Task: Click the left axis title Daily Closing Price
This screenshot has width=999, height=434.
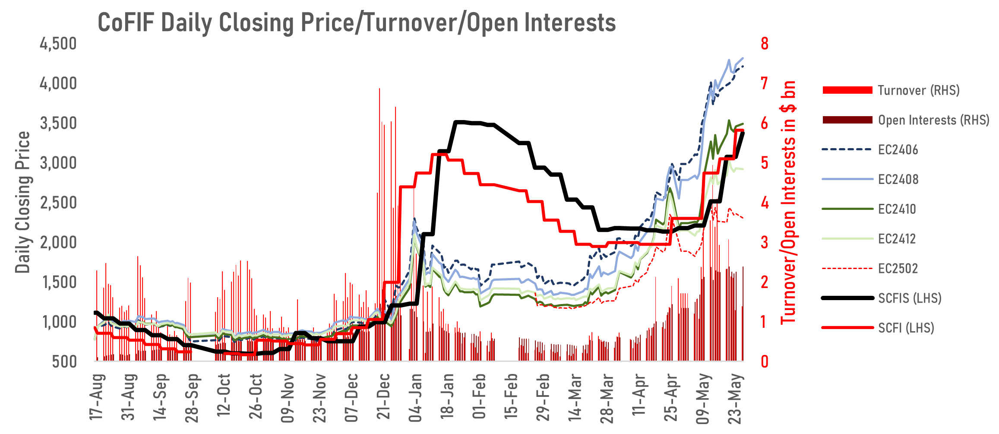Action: click(22, 202)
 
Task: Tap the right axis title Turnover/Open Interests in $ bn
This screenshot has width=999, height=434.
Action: click(788, 202)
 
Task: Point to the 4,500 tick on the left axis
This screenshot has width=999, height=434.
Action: click(58, 44)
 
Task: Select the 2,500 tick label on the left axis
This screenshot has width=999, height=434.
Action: click(58, 203)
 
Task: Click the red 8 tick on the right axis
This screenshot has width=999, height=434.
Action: click(765, 44)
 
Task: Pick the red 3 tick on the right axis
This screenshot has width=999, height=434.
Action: click(765, 242)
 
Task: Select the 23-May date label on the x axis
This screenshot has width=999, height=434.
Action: click(735, 399)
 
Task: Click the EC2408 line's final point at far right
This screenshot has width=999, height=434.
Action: click(743, 58)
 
